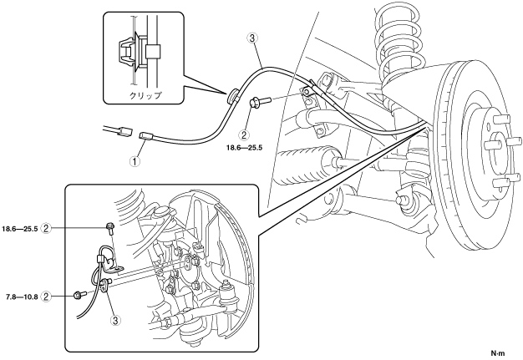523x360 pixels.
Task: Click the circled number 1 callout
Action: pos(135,162)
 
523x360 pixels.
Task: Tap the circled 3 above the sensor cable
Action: pos(251,38)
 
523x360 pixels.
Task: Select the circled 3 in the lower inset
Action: pos(114,321)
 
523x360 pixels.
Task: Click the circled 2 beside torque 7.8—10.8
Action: pos(46,297)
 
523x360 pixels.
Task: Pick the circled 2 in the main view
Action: pos(244,135)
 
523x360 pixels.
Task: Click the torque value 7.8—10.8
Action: pos(22,297)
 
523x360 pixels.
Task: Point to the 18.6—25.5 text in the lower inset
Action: pos(20,229)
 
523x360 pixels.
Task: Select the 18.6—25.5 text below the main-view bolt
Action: pos(245,147)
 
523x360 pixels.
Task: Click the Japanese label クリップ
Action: pos(145,96)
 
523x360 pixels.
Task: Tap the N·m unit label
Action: pos(498,353)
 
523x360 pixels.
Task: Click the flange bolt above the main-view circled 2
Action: pos(259,100)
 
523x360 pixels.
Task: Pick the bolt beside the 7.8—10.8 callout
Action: pos(80,294)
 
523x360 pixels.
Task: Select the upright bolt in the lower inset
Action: pos(109,228)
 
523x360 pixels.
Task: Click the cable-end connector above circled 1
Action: pos(145,136)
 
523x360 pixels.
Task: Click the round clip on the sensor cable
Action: pos(232,96)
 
